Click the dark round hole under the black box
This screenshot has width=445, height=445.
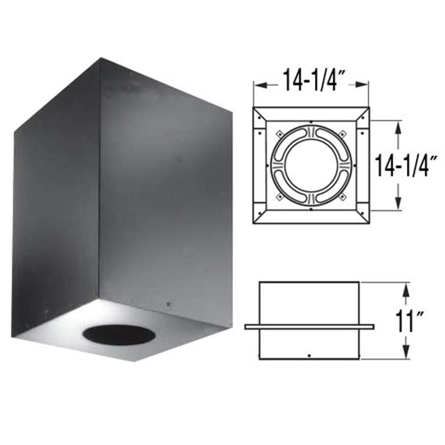[119, 336]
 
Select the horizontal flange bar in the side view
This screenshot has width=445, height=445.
[309, 326]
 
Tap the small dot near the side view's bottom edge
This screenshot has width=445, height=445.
[309, 355]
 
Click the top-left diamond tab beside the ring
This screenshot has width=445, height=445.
[279, 133]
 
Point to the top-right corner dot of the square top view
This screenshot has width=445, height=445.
[363, 117]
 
